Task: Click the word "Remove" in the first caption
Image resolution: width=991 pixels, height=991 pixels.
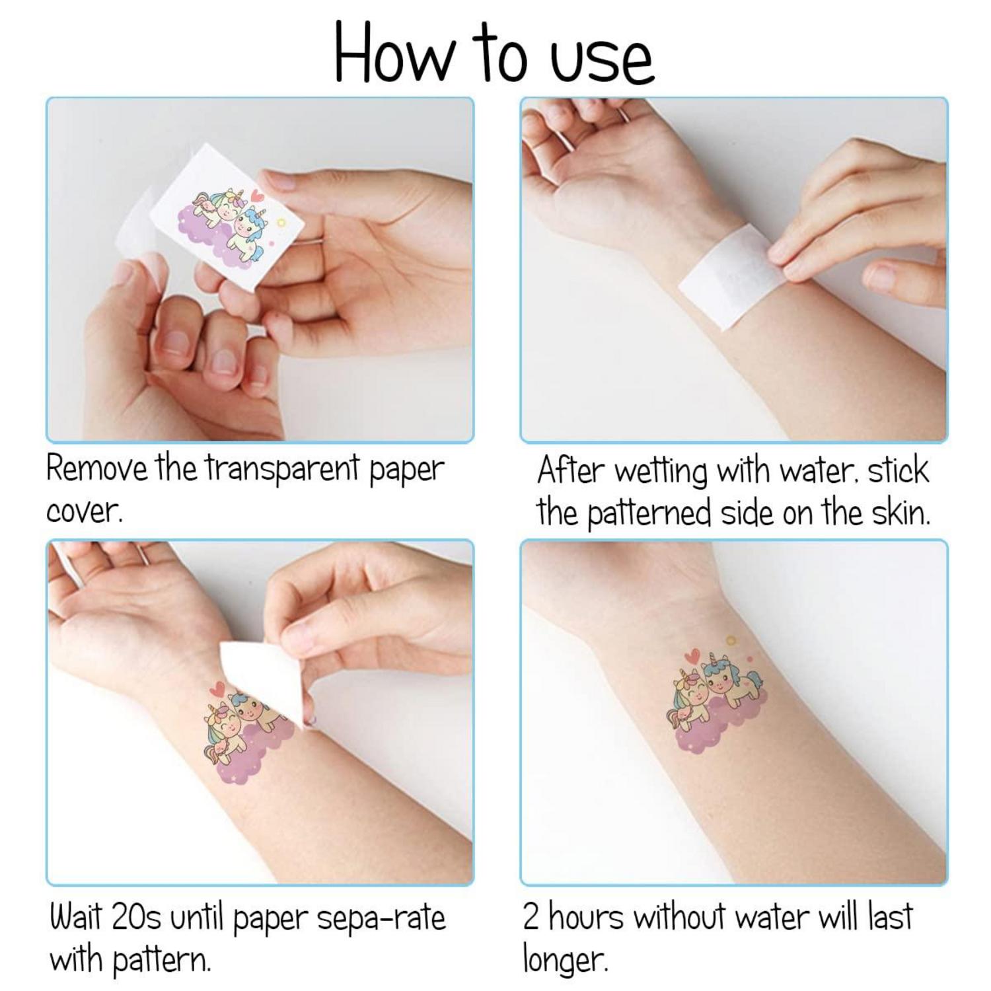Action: (x=98, y=469)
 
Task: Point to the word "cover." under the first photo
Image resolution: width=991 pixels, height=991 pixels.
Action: (x=84, y=512)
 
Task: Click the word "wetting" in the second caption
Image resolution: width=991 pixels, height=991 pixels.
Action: (x=659, y=472)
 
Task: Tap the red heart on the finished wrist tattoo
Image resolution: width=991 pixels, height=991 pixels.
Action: (x=692, y=657)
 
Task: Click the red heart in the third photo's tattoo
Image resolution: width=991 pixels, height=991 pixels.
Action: (x=216, y=690)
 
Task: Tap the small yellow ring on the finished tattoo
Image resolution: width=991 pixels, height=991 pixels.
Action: (x=730, y=640)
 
